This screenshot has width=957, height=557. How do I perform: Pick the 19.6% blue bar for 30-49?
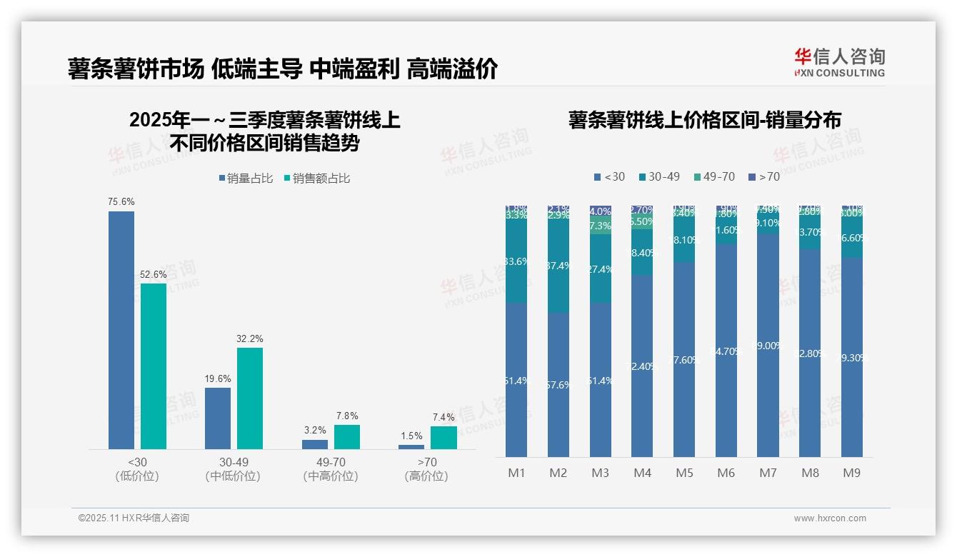[218, 418]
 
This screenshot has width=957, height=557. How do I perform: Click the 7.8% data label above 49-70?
[346, 416]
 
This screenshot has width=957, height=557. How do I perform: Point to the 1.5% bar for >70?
[411, 447]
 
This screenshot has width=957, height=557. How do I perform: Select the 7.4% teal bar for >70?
[444, 438]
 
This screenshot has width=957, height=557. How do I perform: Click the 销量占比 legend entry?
[246, 178]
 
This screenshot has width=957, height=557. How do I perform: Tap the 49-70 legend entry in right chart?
[713, 176]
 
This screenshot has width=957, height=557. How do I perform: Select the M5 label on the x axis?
[684, 473]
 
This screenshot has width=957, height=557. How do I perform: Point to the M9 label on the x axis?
[852, 473]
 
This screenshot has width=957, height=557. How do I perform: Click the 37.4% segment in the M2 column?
[558, 266]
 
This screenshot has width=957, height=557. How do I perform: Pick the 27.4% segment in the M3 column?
[601, 269]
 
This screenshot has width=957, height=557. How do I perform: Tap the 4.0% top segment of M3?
[601, 211]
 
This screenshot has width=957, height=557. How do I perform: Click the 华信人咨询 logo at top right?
[839, 62]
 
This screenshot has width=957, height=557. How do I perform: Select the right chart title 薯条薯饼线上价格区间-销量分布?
[704, 120]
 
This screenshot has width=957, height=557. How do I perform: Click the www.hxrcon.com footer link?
[830, 518]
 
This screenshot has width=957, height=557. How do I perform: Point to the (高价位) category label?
[426, 476]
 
